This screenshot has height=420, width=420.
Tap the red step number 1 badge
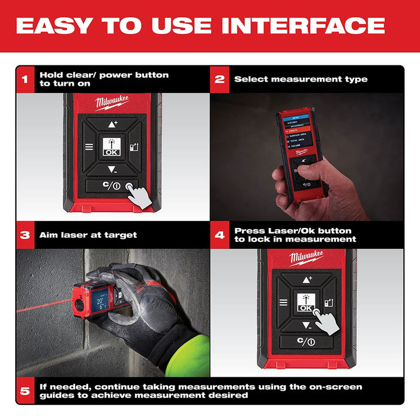tap(25, 79)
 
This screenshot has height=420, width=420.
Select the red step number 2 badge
tap(220, 79)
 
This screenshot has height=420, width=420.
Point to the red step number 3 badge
tap(25, 235)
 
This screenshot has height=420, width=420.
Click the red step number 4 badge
tap(220, 235)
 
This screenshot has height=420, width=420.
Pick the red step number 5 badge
tap(25, 391)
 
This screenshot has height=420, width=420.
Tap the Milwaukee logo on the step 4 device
tap(307, 258)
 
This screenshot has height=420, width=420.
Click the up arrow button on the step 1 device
tap(112, 124)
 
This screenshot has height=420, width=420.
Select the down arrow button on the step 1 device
tap(112, 169)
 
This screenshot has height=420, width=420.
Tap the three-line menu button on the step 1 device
tap(89, 146)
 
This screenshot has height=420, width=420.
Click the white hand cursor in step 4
tap(327, 323)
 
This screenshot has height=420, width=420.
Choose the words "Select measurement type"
tap(301, 79)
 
